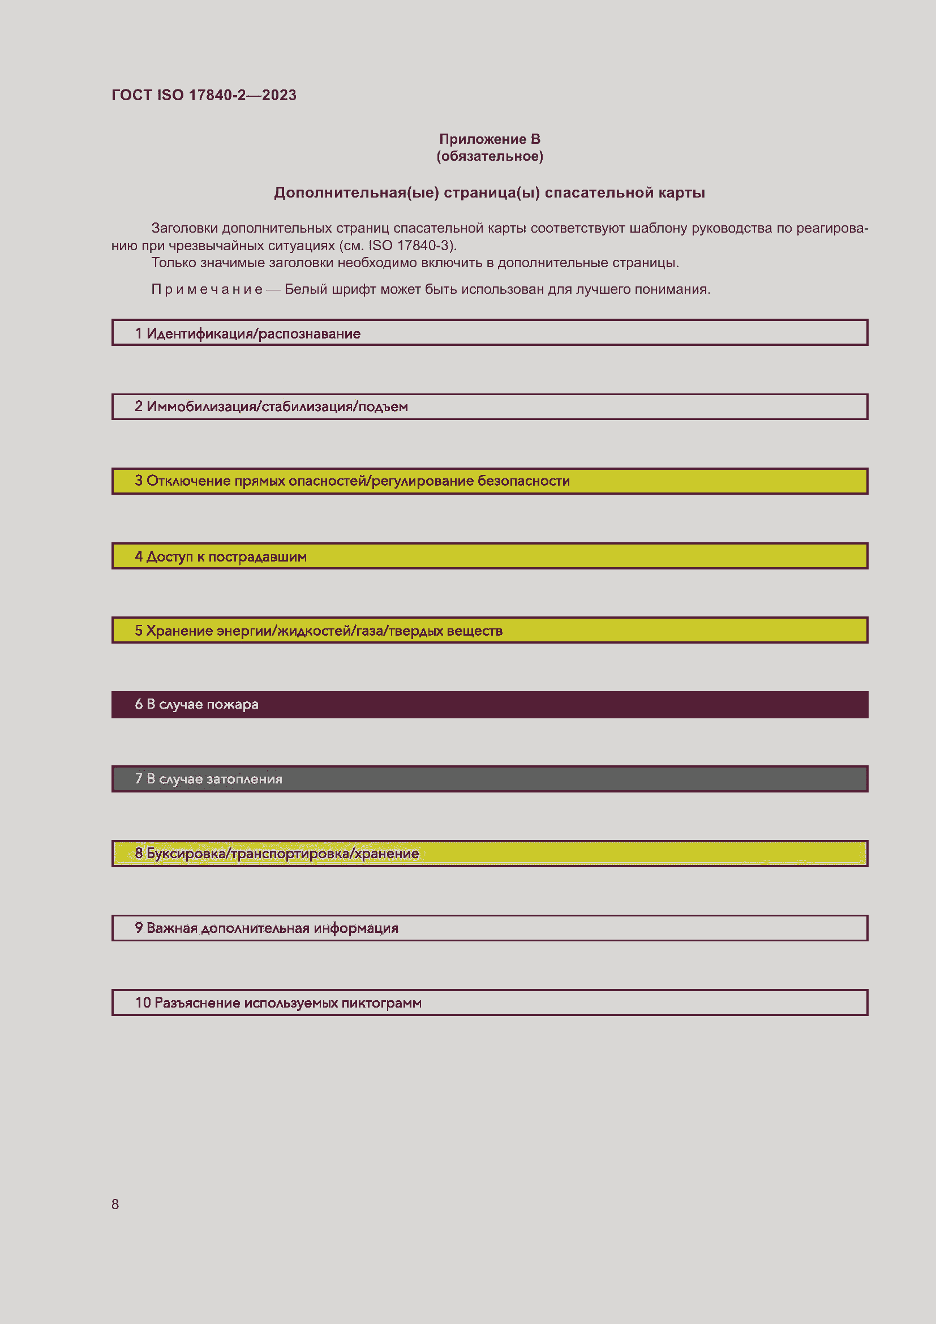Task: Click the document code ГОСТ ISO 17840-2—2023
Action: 204,95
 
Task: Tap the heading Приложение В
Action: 490,139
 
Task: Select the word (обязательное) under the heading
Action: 490,156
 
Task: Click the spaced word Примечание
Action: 207,289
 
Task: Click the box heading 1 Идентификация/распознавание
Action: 248,334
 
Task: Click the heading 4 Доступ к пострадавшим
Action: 221,556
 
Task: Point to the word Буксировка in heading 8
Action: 186,854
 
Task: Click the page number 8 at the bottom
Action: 115,1204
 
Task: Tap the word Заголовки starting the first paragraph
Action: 184,228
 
